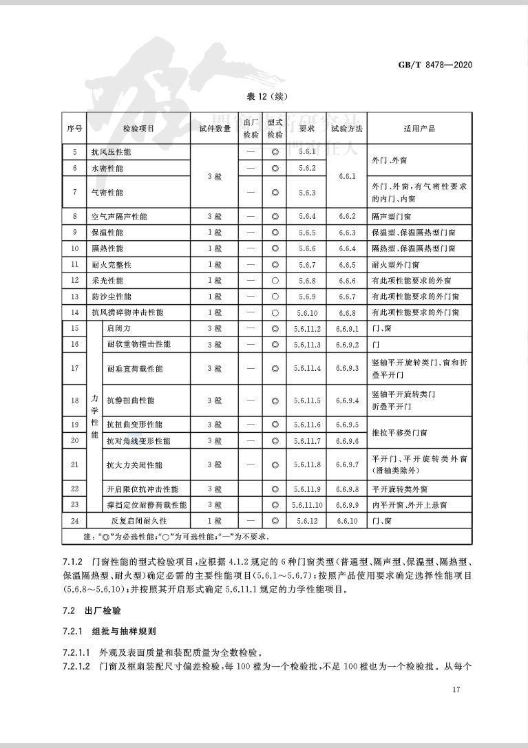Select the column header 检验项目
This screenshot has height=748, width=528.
click(138, 129)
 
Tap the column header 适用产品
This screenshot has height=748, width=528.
click(419, 129)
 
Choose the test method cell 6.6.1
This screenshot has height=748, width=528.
click(347, 176)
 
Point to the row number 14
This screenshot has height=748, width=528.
click(75, 312)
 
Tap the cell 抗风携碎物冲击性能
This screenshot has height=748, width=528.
click(127, 312)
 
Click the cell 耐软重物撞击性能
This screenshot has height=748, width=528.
click(138, 344)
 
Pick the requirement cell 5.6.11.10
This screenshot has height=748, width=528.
click(306, 505)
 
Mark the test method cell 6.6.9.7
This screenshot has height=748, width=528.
click(347, 465)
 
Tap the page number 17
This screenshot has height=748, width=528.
click(456, 690)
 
